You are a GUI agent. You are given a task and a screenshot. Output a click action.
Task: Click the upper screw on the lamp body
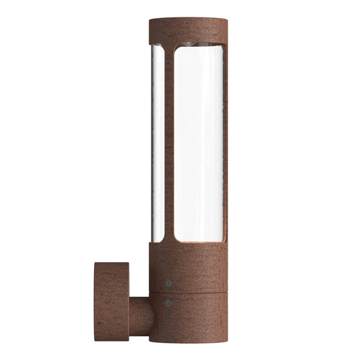point(169,281)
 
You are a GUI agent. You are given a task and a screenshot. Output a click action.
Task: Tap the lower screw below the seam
point(169,303)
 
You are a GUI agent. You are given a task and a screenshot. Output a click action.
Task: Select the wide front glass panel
point(199,144)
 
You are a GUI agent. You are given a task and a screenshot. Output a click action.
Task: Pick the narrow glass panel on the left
point(157,144)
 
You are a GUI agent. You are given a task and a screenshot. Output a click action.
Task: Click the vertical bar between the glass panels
point(169,144)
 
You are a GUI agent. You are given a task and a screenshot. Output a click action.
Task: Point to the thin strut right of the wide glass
point(226,144)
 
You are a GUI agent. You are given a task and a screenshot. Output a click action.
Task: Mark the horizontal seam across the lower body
point(188,292)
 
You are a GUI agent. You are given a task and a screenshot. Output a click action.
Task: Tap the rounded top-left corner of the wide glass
point(176,49)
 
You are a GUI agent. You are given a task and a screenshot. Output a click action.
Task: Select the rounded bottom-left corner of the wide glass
point(176,240)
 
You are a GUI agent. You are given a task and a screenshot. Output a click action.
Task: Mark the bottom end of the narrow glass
point(157,241)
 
